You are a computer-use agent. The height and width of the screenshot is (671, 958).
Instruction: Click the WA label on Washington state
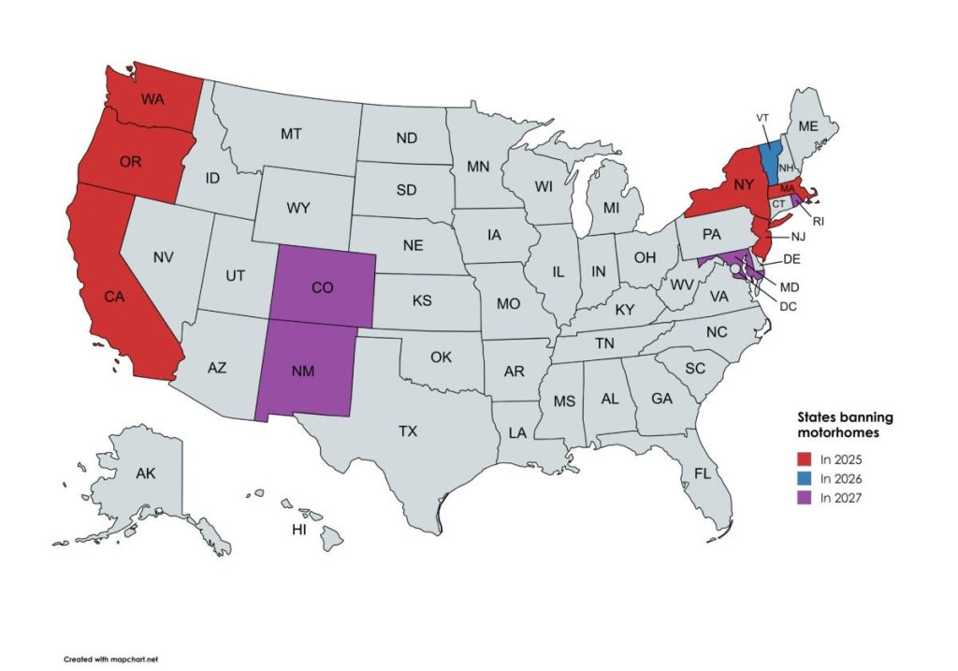tap(153, 98)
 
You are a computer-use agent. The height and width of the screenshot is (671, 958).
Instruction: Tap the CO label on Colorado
tap(322, 288)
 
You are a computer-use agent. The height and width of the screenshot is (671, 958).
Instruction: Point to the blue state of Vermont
tap(770, 162)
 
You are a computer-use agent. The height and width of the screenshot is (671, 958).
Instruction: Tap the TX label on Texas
tap(407, 431)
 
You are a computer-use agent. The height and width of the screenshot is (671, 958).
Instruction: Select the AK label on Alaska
tap(145, 474)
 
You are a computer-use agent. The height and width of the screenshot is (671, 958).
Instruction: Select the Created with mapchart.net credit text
tap(111, 659)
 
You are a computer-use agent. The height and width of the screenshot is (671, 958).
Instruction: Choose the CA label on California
tap(114, 298)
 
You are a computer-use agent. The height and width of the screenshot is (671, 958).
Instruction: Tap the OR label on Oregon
tap(130, 161)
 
